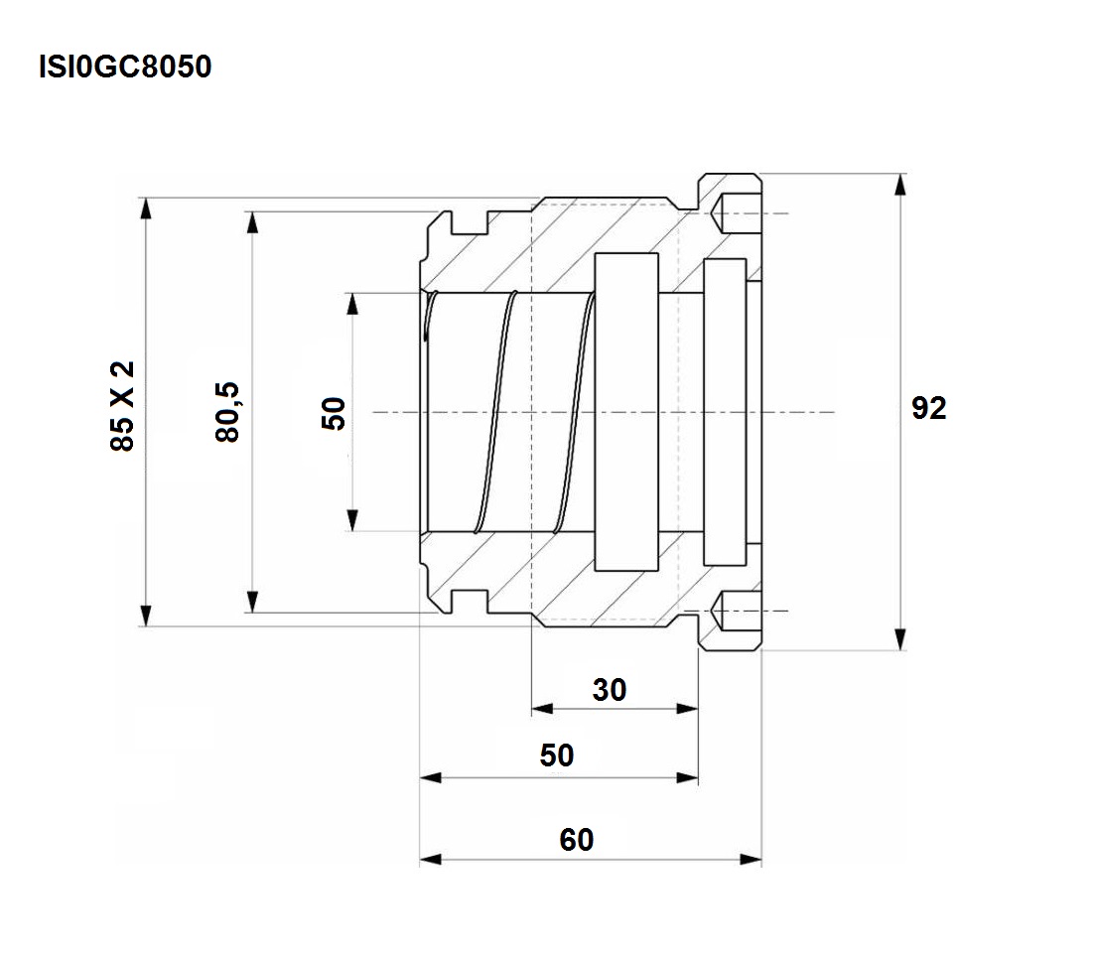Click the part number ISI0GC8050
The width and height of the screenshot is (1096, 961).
tap(125, 67)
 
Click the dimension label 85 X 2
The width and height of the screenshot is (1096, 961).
tap(122, 406)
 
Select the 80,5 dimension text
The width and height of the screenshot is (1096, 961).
tap(228, 412)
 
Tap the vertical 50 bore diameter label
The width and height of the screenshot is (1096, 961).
tap(334, 413)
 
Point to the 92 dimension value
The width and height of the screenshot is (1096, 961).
tap(929, 408)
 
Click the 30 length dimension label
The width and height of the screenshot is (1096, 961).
tap(610, 690)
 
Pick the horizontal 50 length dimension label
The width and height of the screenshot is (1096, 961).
tap(557, 755)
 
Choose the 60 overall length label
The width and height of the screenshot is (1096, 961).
tap(577, 840)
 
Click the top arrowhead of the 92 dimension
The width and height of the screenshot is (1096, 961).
tap(901, 184)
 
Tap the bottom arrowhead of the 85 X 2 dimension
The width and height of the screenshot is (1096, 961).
tap(145, 616)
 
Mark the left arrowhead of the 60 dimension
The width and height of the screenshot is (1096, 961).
tap(431, 859)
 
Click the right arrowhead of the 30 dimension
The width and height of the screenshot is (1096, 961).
tap(687, 709)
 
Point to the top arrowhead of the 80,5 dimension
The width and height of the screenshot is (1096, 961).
tap(253, 222)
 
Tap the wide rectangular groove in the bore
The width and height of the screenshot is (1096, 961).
tap(626, 412)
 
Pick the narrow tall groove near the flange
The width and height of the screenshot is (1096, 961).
tap(725, 412)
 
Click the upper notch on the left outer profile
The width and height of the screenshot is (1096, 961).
tap(469, 223)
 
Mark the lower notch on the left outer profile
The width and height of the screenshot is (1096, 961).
tap(469, 601)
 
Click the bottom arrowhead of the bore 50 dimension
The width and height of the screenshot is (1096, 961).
tap(352, 520)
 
